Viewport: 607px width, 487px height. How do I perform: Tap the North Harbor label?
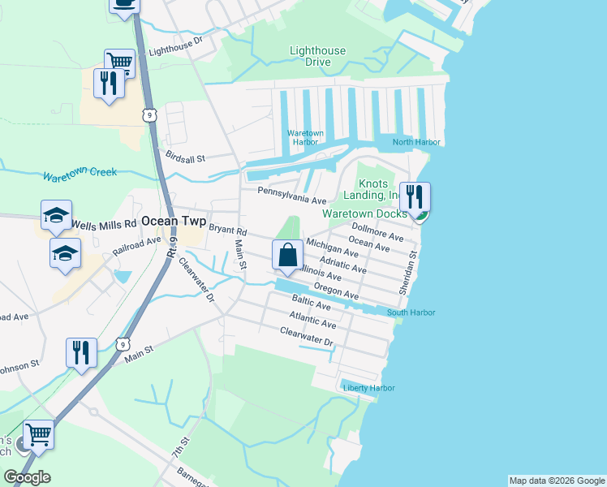[416, 142]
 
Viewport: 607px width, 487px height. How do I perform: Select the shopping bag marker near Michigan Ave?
[287, 254]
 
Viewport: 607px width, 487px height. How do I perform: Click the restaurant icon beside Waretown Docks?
[414, 197]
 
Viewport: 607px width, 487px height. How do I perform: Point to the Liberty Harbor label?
[369, 388]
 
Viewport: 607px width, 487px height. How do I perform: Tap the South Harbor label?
[411, 312]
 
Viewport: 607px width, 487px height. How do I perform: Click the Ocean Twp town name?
[174, 221]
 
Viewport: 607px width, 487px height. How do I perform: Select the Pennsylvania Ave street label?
[291, 195]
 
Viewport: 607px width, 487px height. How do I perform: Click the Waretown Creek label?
[80, 174]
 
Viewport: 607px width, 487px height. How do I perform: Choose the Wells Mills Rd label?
[104, 223]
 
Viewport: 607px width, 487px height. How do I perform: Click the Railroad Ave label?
[137, 246]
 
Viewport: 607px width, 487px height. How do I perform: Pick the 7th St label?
[180, 448]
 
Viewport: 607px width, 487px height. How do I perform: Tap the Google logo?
[28, 477]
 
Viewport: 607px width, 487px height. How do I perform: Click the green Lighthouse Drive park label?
[318, 56]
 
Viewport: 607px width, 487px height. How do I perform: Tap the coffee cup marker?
[124, 4]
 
